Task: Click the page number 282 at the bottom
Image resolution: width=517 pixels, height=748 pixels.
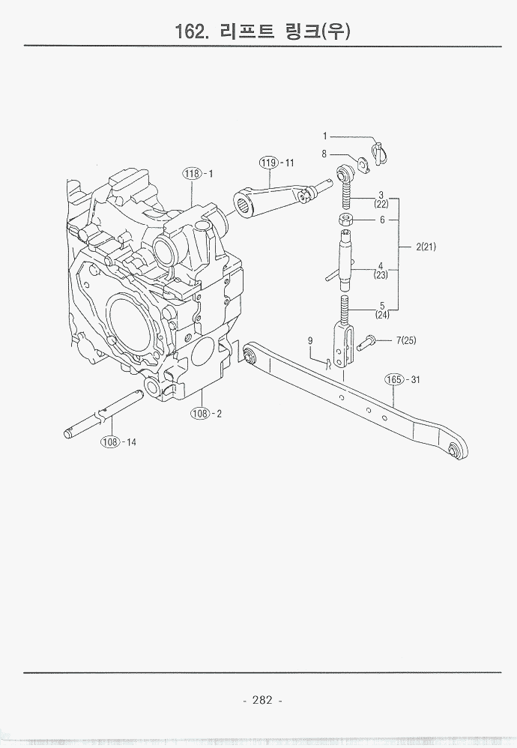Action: [261, 700]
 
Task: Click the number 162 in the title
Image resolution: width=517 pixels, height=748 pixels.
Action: [189, 31]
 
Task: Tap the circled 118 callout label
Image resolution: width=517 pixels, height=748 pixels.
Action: [193, 173]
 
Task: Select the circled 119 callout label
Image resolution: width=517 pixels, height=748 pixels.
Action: [268, 163]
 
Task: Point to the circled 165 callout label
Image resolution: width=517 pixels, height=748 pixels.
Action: [394, 379]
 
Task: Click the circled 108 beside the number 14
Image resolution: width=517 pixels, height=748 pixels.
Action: [110, 441]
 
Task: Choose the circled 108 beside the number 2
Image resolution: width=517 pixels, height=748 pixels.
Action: [201, 413]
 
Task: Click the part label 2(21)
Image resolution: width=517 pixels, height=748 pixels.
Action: [426, 247]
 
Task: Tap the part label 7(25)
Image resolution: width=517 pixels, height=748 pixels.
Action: [406, 340]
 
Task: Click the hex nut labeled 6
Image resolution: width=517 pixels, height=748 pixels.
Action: [345, 220]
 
